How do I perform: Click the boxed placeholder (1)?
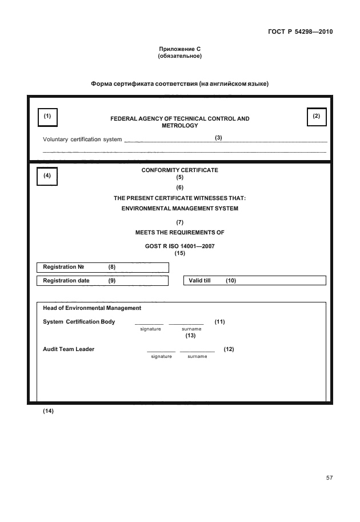click(x=47, y=116)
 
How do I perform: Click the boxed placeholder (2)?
click(x=316, y=116)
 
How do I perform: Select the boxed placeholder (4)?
click(x=47, y=176)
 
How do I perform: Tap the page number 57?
click(x=329, y=477)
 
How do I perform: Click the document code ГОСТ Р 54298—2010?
click(x=300, y=31)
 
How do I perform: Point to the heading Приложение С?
click(x=179, y=50)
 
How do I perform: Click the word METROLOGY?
click(x=179, y=125)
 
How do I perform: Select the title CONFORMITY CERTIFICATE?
click(x=179, y=170)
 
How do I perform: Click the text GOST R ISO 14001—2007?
click(x=179, y=246)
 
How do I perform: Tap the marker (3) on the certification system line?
click(x=218, y=138)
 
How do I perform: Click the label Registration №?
click(x=63, y=267)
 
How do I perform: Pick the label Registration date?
click(x=67, y=281)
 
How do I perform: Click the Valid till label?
click(x=200, y=281)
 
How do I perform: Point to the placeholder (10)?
click(x=231, y=281)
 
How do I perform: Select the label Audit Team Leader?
click(x=69, y=349)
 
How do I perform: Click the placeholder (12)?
click(x=229, y=349)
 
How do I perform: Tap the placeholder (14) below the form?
click(x=48, y=411)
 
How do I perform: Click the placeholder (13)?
click(x=191, y=336)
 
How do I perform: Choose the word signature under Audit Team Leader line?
click(x=161, y=356)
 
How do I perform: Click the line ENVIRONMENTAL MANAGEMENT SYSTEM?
click(x=179, y=209)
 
